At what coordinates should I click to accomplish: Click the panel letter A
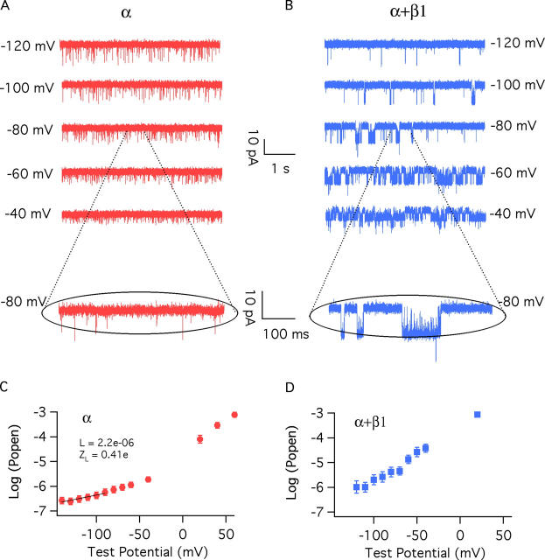pos(5,7)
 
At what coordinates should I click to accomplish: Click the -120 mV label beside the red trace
pos(28,43)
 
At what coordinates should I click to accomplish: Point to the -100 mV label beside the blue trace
pos(515,86)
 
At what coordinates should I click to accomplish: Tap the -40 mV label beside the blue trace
pos(515,212)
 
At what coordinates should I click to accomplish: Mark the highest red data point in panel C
pos(234,414)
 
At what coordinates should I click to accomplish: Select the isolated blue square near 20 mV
pos(477,414)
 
